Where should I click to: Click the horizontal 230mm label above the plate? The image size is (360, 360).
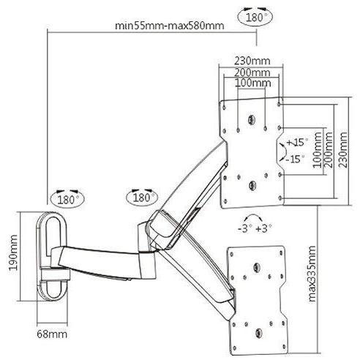[250, 60]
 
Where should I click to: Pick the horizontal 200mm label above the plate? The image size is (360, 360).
[250, 72]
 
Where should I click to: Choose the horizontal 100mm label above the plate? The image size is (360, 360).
[250, 83]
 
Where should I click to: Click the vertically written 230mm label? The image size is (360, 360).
[344, 149]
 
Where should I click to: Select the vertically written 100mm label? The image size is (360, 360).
[317, 151]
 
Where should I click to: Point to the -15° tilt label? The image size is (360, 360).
[295, 158]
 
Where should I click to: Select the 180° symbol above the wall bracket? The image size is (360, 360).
[67, 198]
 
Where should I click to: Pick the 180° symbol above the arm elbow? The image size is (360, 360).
[140, 198]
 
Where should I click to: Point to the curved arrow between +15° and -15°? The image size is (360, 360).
[280, 151]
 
